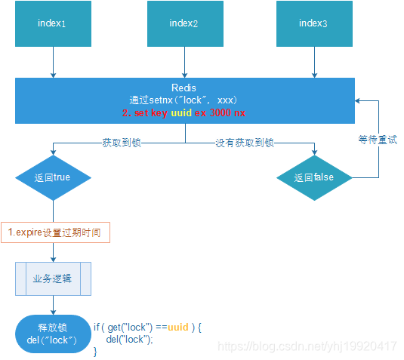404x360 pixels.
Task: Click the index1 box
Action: coord(53,23)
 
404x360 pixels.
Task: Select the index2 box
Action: coord(184,23)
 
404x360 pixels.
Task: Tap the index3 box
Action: coord(313,23)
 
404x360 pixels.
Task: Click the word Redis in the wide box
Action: coord(184,88)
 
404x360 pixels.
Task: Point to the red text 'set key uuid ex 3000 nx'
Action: coord(184,112)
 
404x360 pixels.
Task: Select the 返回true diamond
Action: coord(53,178)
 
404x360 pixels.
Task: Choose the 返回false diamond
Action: coord(313,178)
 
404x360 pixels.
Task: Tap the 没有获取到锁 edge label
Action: coord(244,142)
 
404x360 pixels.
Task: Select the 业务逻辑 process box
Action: coord(53,278)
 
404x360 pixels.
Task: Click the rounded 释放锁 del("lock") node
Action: coord(53,334)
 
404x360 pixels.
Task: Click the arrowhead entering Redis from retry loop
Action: coord(359,100)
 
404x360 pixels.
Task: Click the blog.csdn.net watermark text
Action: coord(307,346)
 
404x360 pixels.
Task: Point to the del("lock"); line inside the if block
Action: coord(129,340)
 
